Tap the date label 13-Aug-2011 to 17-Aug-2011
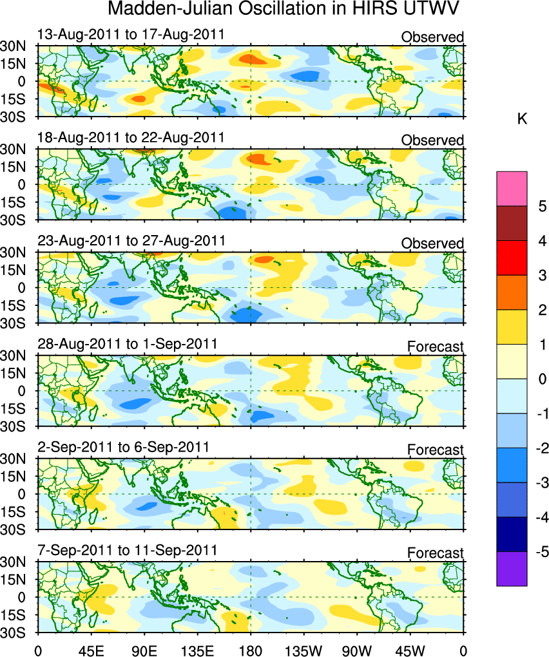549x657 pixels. point(131,34)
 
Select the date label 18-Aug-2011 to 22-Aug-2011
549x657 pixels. point(131,137)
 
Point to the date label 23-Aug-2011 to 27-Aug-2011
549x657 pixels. point(131,240)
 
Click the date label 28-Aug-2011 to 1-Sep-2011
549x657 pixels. point(127,344)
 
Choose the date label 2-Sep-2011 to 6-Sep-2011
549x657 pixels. point(123,447)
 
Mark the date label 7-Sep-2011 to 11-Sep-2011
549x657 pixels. point(127,550)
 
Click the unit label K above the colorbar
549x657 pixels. point(523,120)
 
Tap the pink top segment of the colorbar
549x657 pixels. point(512,189)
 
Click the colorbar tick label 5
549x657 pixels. point(543,207)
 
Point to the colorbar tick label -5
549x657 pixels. point(541,552)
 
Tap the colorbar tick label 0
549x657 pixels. point(543,379)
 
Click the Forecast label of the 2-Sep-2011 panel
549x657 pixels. point(435,450)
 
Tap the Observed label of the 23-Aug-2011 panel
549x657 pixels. point(432,243)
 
